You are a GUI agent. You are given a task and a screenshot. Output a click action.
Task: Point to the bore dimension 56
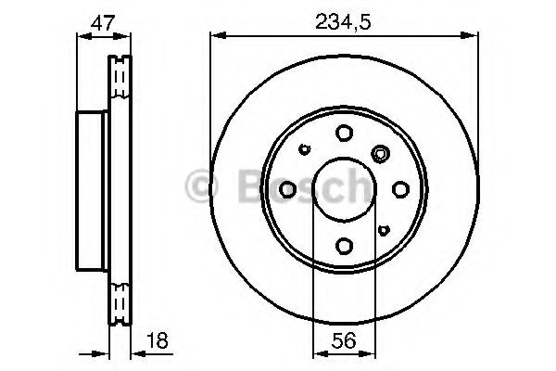(344, 340)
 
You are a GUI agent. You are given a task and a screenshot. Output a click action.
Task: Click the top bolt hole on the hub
(344, 133)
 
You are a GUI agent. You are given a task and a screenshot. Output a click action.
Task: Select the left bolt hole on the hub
(288, 189)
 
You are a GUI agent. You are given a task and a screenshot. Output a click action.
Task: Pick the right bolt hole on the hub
(400, 189)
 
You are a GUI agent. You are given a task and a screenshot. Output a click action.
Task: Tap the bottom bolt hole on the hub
(344, 245)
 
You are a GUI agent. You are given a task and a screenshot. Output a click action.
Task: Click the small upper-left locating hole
(305, 150)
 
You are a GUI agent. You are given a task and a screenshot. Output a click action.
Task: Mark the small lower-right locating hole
(384, 228)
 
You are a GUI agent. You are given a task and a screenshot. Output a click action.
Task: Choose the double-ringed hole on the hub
(379, 154)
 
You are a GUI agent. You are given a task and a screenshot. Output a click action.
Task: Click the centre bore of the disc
(344, 189)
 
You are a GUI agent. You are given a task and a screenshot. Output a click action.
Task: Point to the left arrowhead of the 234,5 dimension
(216, 35)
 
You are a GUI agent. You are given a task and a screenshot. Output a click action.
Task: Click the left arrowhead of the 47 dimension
(78, 35)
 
